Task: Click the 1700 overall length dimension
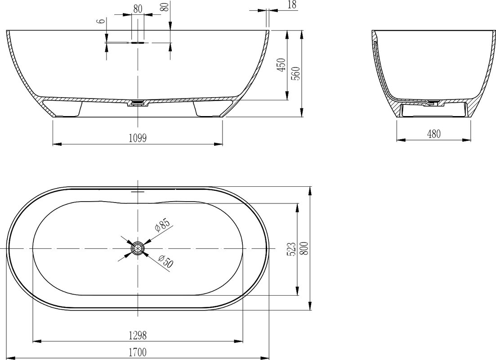(138, 352)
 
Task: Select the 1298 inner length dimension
(138, 335)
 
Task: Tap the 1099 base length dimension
(138, 138)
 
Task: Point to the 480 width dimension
(433, 134)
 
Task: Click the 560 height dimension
(297, 73)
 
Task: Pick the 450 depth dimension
(281, 65)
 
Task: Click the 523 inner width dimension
(291, 249)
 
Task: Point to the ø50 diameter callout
(165, 261)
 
